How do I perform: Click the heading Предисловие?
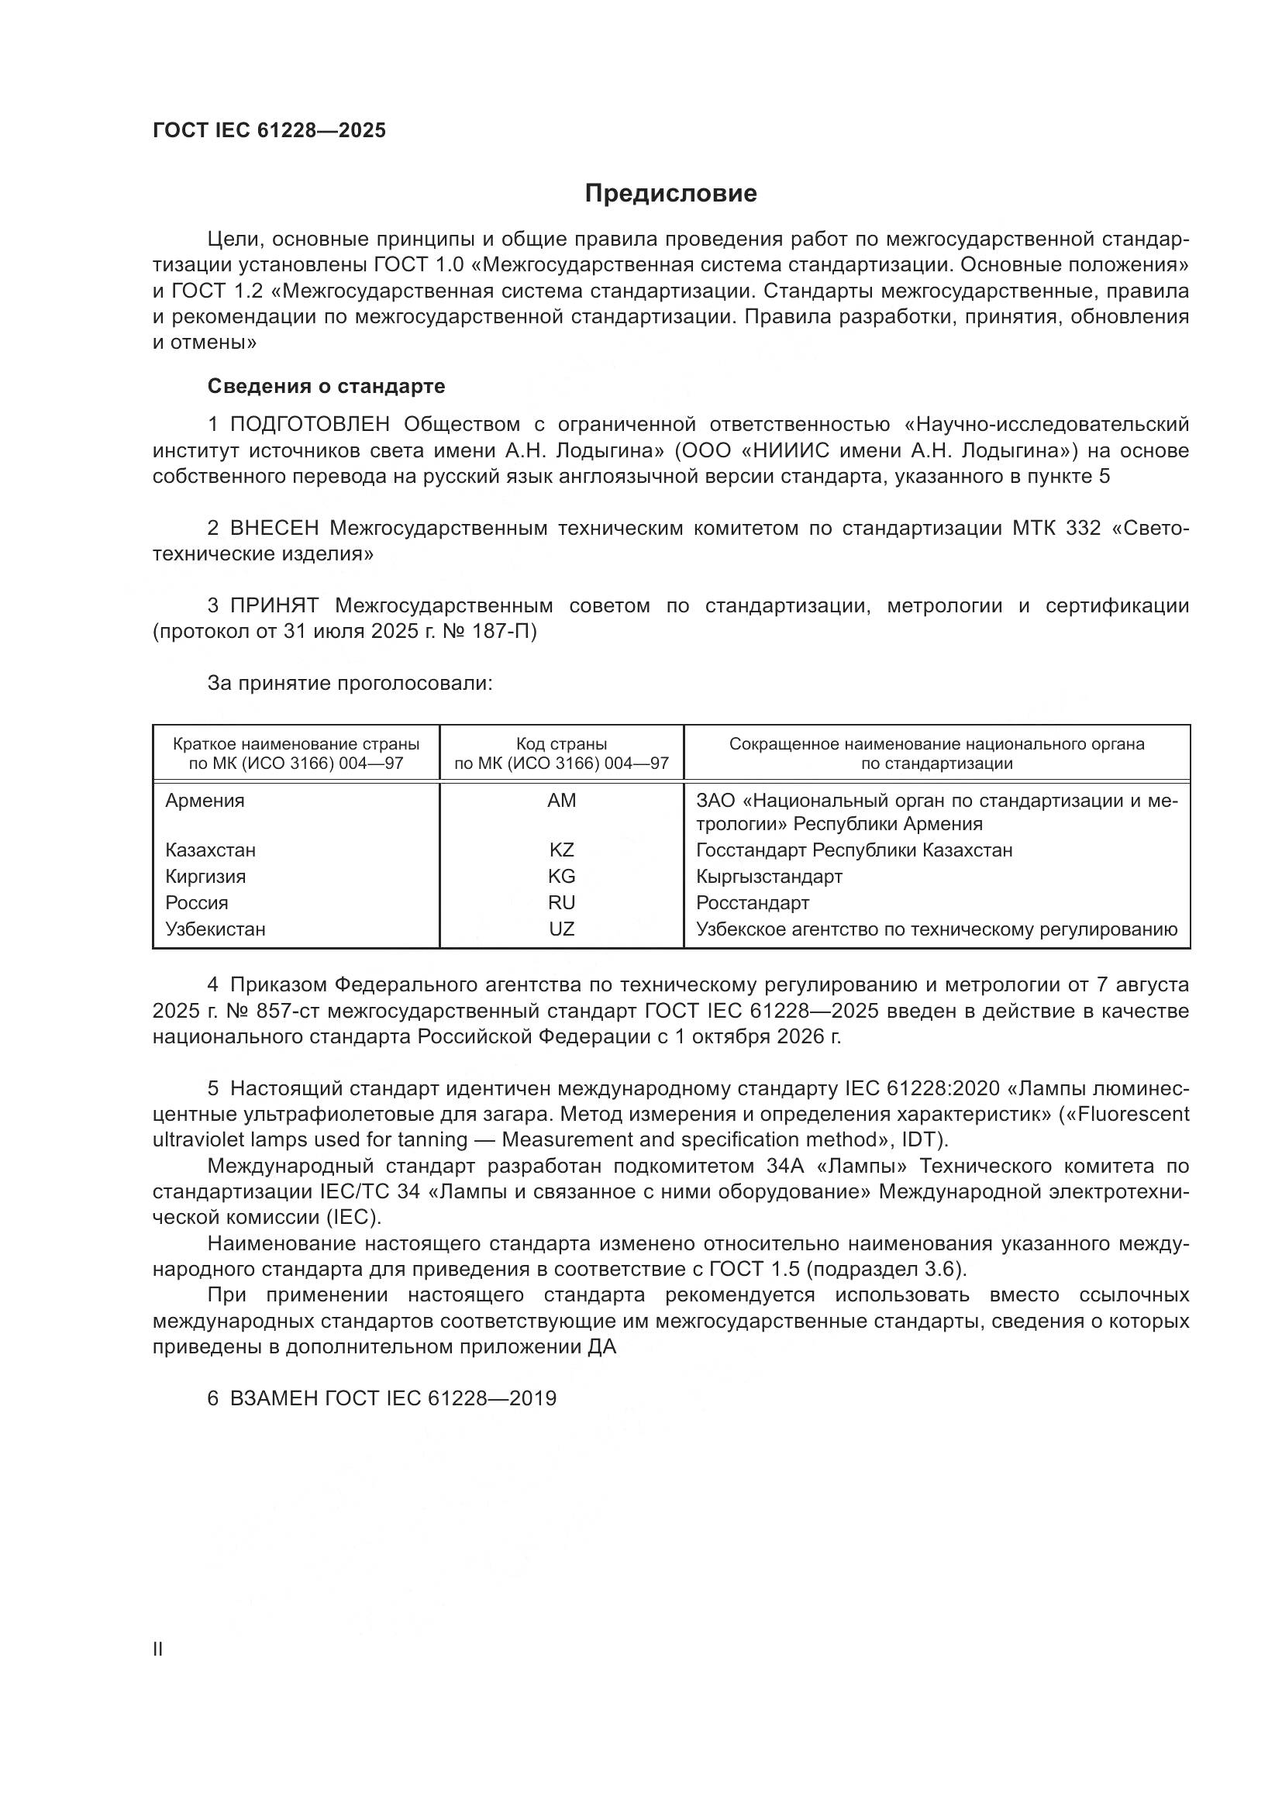click(670, 194)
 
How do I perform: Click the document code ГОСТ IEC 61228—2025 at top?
click(269, 131)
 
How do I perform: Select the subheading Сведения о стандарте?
click(326, 386)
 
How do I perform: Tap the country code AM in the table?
click(561, 801)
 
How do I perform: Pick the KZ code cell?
click(561, 850)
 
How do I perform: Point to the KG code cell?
click(561, 877)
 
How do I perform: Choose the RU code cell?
click(561, 902)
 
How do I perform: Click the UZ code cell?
click(561, 929)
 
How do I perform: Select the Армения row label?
click(205, 801)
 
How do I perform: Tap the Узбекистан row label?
click(215, 929)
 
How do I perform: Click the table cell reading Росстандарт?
click(753, 902)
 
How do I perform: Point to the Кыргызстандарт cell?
click(769, 877)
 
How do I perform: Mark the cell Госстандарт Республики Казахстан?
click(854, 850)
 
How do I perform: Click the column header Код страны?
click(561, 744)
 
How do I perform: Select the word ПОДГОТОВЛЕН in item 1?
click(309, 425)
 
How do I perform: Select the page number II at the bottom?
click(158, 1649)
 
